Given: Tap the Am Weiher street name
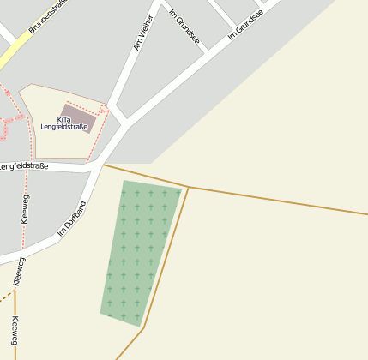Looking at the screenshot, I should [x=143, y=33].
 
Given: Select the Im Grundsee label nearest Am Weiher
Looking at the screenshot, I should [x=184, y=27].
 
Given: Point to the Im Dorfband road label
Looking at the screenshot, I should [x=72, y=219].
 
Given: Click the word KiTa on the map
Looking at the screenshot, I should [x=64, y=119].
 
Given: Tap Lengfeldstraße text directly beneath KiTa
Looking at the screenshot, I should [x=64, y=127].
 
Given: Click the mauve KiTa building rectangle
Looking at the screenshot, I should [x=79, y=114].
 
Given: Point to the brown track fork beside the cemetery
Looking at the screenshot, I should [x=188, y=187].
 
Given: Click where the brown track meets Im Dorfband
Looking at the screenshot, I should [x=104, y=165].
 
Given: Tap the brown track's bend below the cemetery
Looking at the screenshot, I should [x=143, y=327].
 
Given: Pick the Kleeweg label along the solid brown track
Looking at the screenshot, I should [x=15, y=331].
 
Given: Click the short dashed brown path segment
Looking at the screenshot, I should [x=6, y=297].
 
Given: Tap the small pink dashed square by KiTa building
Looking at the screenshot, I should [x=104, y=110].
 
